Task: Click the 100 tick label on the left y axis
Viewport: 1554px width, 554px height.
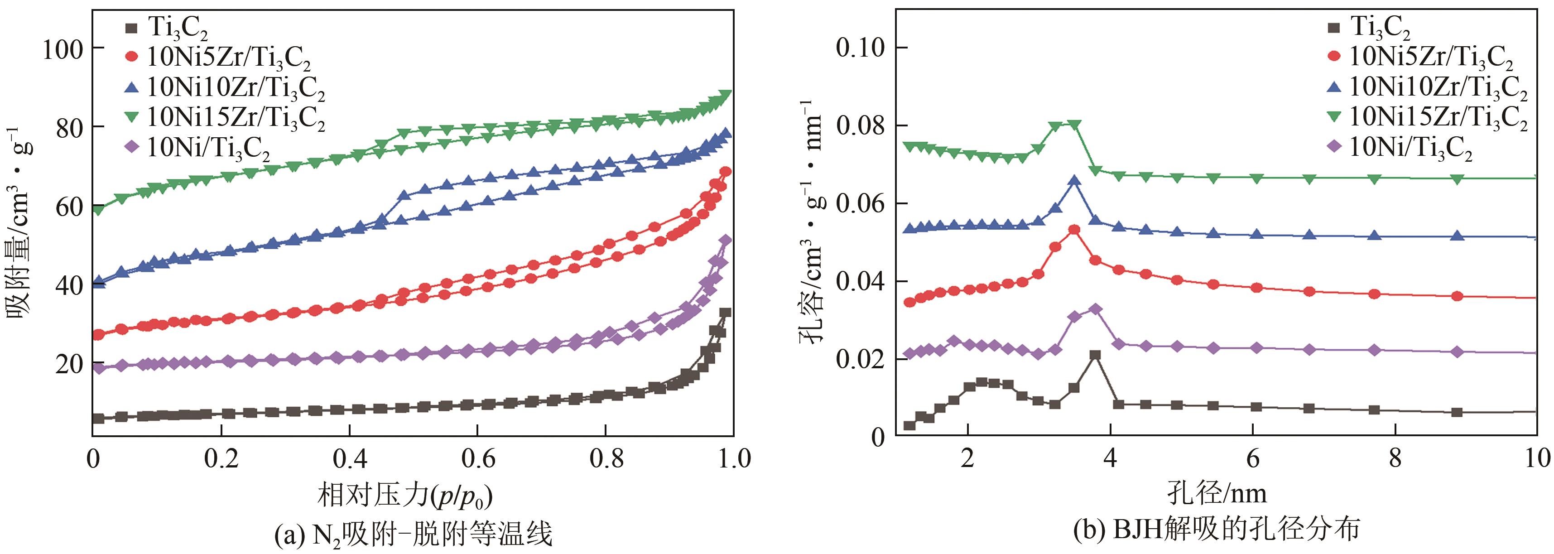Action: (x=62, y=49)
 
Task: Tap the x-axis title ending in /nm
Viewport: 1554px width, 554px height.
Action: (x=1217, y=494)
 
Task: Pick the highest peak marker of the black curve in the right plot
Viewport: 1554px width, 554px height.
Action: (x=1095, y=355)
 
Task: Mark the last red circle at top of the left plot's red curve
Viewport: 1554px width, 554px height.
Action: (x=726, y=171)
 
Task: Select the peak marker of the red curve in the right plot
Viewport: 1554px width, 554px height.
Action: (x=1074, y=229)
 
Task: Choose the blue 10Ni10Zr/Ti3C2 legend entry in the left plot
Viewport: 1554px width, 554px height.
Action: (x=229, y=87)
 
